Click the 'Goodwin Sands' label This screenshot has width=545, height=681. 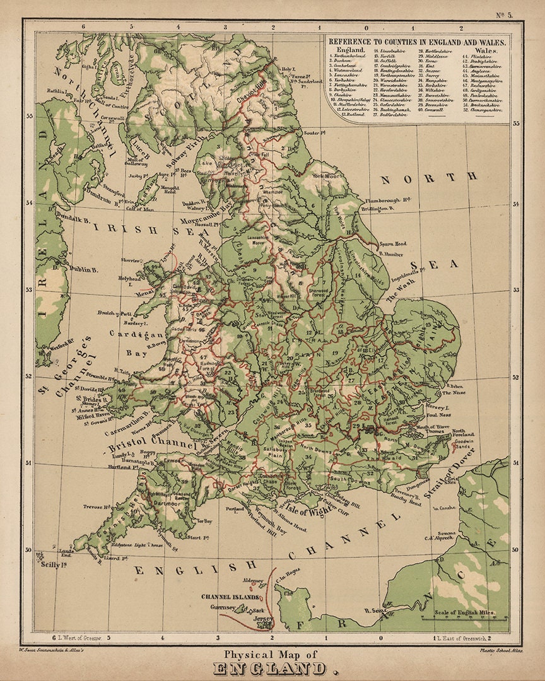click(464, 445)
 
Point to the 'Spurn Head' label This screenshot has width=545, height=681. click(392, 243)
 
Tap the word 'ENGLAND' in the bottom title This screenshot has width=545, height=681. click(272, 668)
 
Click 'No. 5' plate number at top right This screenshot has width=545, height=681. click(504, 15)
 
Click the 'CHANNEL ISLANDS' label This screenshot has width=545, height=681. click(230, 597)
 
